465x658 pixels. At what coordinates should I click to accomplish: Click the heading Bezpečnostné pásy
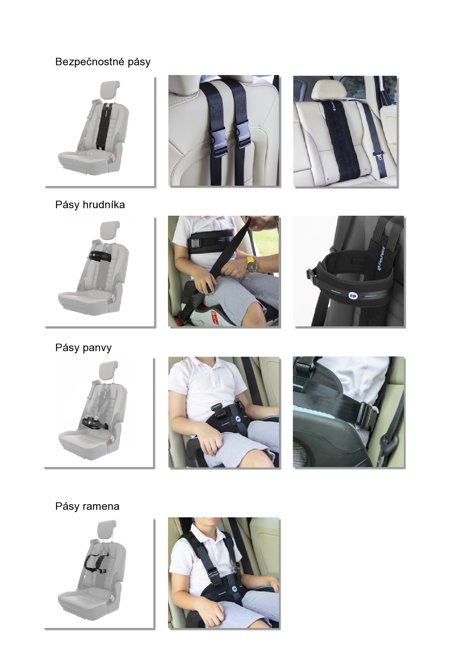click(x=103, y=62)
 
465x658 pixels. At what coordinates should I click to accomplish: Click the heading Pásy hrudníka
click(x=90, y=205)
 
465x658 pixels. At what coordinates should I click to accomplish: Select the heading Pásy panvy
click(x=83, y=348)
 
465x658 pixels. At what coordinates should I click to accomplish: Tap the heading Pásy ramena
click(x=87, y=506)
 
